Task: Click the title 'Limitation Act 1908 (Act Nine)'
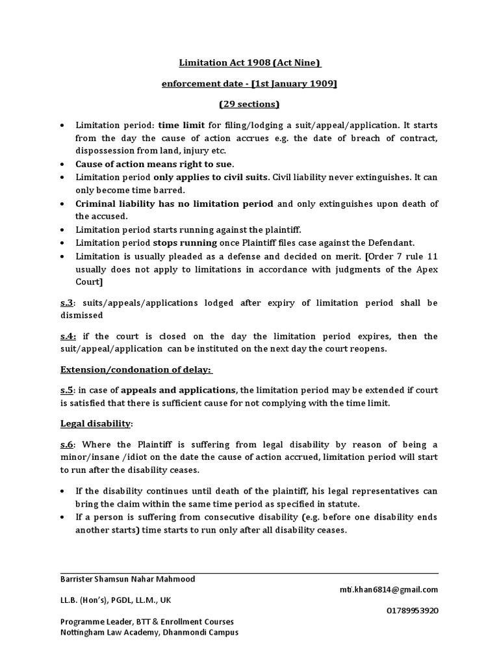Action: pos(250,63)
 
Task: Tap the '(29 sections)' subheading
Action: pos(249,104)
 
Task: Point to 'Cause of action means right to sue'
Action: pos(154,163)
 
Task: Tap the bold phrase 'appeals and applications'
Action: pos(179,390)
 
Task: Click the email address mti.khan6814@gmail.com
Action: pos(388,589)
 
